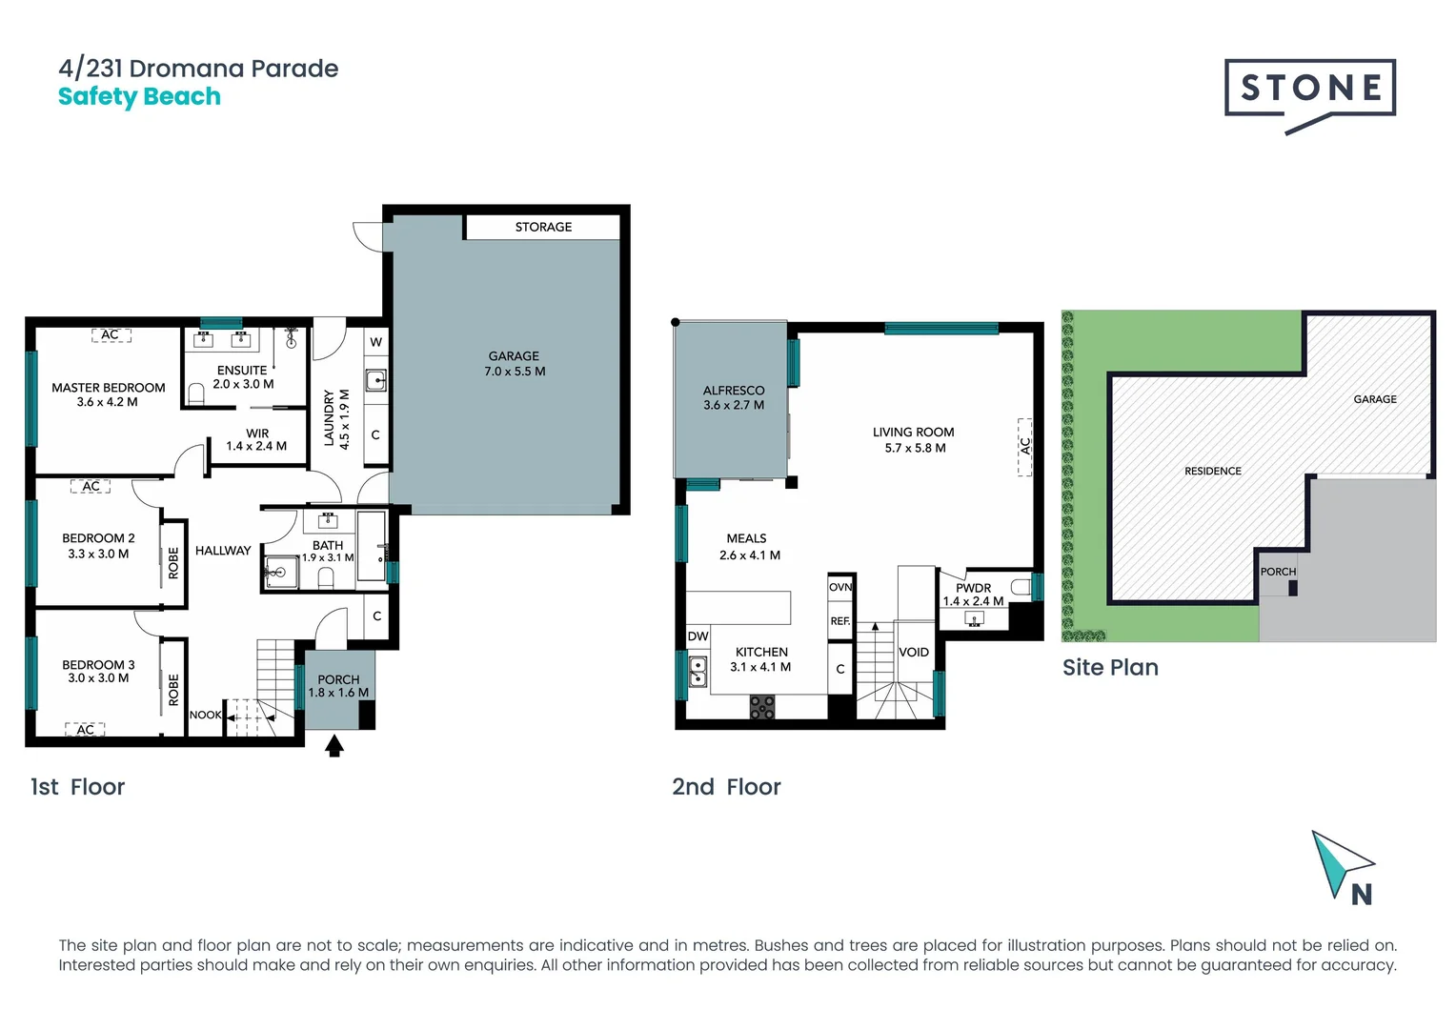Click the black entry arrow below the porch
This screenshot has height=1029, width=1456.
tap(334, 746)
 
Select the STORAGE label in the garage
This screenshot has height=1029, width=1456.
tap(543, 227)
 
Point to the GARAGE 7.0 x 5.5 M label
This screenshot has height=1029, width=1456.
tap(515, 363)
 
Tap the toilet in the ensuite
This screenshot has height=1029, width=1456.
tap(197, 393)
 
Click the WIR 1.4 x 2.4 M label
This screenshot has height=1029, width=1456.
tap(256, 439)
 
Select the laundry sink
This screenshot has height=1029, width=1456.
tap(376, 381)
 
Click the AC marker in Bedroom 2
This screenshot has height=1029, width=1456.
tap(91, 486)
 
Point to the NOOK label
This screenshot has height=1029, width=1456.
tap(205, 715)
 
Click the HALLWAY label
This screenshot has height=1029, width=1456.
tap(223, 551)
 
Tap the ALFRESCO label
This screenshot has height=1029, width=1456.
tap(734, 397)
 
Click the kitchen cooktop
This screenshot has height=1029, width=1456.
tap(761, 707)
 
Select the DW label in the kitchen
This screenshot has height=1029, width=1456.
tap(698, 636)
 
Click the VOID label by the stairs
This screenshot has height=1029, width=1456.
tap(913, 653)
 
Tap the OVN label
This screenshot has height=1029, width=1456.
tap(839, 587)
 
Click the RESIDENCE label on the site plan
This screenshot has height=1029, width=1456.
tap(1212, 471)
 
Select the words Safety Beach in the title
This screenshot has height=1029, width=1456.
tap(139, 97)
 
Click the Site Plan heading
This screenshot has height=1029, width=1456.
tap(1110, 667)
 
